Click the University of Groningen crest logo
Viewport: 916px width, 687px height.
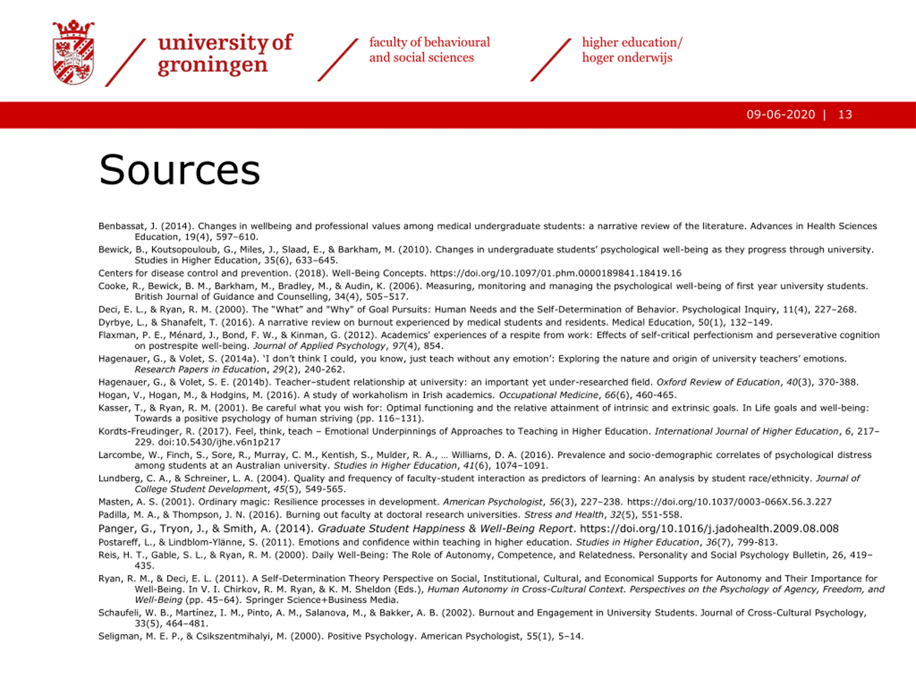point(73,52)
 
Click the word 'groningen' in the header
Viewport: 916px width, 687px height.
point(213,65)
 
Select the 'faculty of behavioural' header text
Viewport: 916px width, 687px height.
point(429,42)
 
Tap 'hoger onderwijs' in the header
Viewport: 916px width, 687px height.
point(627,58)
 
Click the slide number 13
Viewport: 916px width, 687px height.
point(845,115)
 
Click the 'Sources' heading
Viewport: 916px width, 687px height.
point(179,170)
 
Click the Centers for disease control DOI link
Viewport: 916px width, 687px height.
point(555,273)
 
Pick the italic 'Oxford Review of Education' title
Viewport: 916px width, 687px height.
point(718,382)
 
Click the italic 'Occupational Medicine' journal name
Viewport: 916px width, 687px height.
point(549,395)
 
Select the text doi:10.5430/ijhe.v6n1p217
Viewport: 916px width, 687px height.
point(219,442)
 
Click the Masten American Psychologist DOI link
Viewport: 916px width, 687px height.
point(729,502)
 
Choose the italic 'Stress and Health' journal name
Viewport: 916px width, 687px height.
point(564,515)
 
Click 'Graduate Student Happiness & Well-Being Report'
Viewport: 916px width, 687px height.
point(445,528)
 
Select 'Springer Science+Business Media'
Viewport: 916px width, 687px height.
point(322,600)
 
